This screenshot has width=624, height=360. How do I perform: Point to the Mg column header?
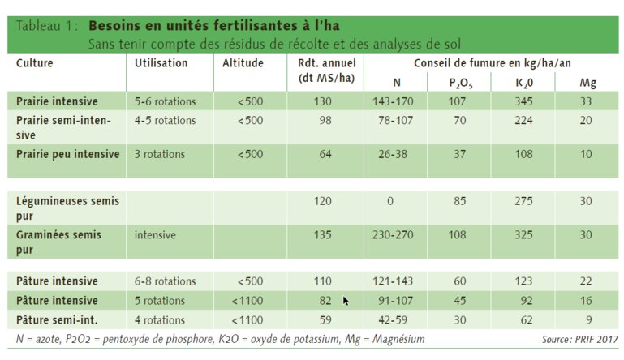click(x=587, y=83)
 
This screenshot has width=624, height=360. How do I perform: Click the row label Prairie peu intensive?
click(x=68, y=154)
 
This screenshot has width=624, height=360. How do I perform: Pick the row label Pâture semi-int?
click(x=57, y=319)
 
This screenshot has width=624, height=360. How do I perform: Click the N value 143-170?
click(x=396, y=102)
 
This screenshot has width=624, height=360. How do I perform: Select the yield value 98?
click(x=325, y=121)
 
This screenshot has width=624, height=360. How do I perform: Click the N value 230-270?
click(x=396, y=234)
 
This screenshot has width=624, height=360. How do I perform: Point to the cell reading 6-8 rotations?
click(x=166, y=281)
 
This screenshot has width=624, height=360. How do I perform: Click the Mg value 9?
click(x=587, y=319)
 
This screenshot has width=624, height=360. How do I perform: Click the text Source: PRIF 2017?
click(x=579, y=339)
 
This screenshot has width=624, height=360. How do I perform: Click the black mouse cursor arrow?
click(x=346, y=301)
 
